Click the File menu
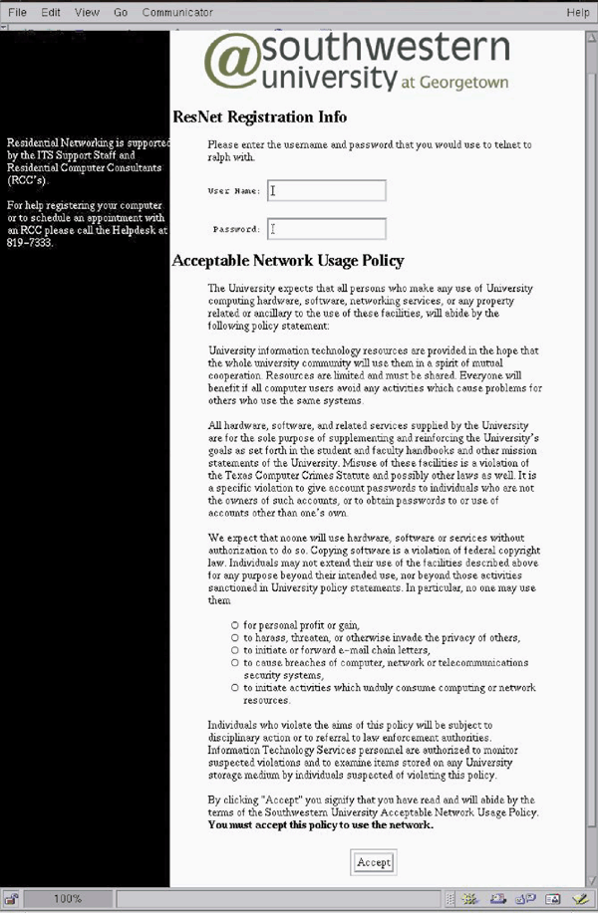[x=17, y=12]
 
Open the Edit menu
[x=51, y=12]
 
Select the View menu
[x=87, y=12]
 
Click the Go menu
[x=121, y=12]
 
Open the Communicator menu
[x=177, y=12]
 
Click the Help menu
[x=577, y=12]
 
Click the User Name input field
[x=327, y=190]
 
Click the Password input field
[x=327, y=229]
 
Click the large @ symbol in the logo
[x=232, y=63]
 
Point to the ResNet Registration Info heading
[x=259, y=115]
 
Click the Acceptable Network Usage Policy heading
[x=288, y=261]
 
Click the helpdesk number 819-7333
[x=28, y=242]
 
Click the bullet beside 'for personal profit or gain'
[x=234, y=624]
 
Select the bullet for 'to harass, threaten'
[x=234, y=637]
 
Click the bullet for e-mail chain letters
[x=234, y=650]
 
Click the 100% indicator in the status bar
[x=68, y=898]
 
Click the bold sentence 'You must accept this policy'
[x=320, y=824]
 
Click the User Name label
[x=233, y=190]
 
